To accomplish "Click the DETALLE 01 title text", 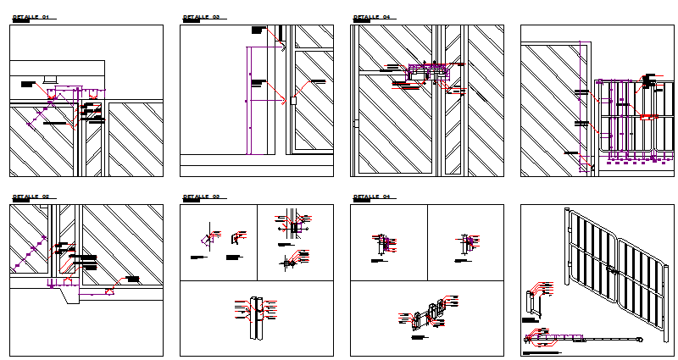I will click(31, 17).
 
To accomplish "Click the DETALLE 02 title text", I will click(31, 197).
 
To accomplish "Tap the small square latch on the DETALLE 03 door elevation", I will click(292, 100).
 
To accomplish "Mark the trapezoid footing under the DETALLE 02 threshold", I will click(109, 292).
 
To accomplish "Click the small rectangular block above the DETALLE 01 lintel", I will click(50, 80).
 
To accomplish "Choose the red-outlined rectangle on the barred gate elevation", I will click(647, 115).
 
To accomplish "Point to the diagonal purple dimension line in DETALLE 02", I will click(31, 255).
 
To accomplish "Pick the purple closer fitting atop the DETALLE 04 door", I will click(421, 73).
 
